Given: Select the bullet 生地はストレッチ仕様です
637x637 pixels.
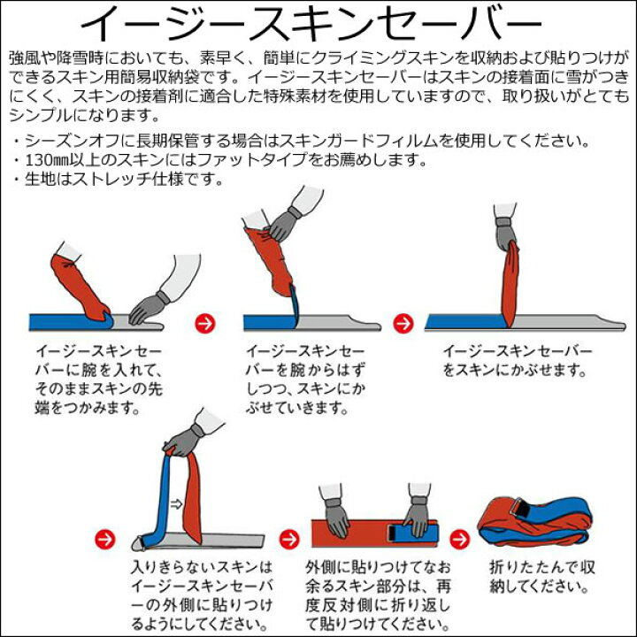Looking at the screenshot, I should point(115,179).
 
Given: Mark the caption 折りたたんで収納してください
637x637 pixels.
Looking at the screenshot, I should point(540,576).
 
